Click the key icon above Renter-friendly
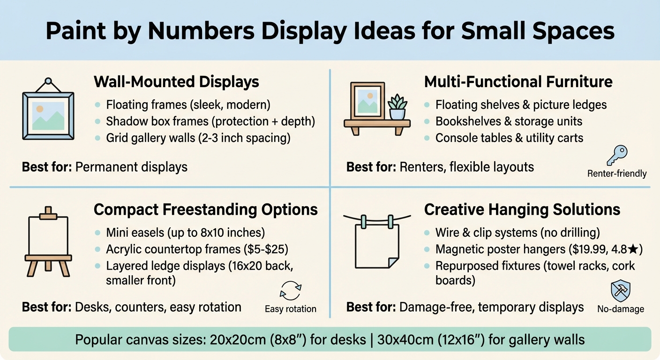pos(616,156)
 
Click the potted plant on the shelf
pos(397,107)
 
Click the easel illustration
pos(48,241)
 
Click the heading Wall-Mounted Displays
pos(176,82)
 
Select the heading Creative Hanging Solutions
pos(522,210)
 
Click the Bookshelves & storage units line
pos(509,121)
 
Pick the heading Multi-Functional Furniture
pos(518,82)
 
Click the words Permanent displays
pos(131,166)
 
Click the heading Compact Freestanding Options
pos(206,210)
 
